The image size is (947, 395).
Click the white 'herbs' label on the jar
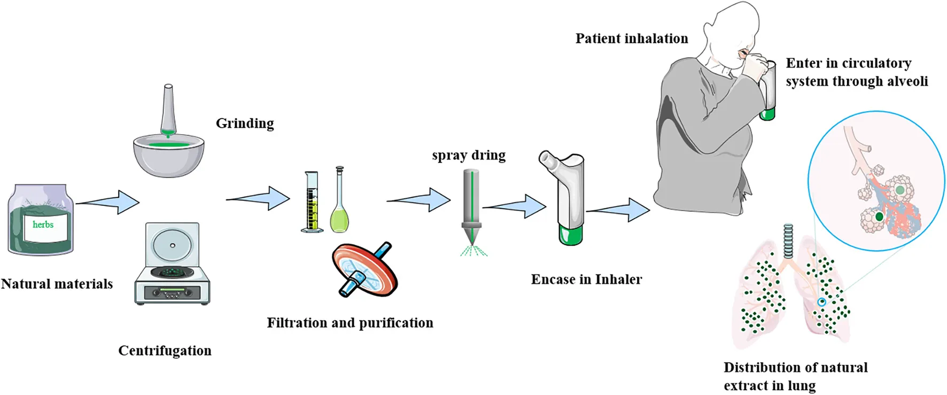point(43,225)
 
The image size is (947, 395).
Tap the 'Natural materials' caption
point(57,284)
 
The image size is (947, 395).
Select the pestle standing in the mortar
point(168,110)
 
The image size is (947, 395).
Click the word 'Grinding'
point(245,123)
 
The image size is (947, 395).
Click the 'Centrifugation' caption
point(165,351)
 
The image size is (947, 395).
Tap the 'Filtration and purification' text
point(350,323)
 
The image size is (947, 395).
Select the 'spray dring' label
point(469,156)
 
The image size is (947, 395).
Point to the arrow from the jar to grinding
point(107,202)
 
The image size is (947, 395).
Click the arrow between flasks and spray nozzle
point(418,200)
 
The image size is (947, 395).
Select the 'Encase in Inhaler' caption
point(586,280)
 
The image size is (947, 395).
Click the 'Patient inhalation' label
point(632,38)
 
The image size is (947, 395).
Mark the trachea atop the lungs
point(788,241)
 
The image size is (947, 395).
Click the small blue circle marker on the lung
point(822,302)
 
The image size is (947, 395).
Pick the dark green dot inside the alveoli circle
point(879,217)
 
